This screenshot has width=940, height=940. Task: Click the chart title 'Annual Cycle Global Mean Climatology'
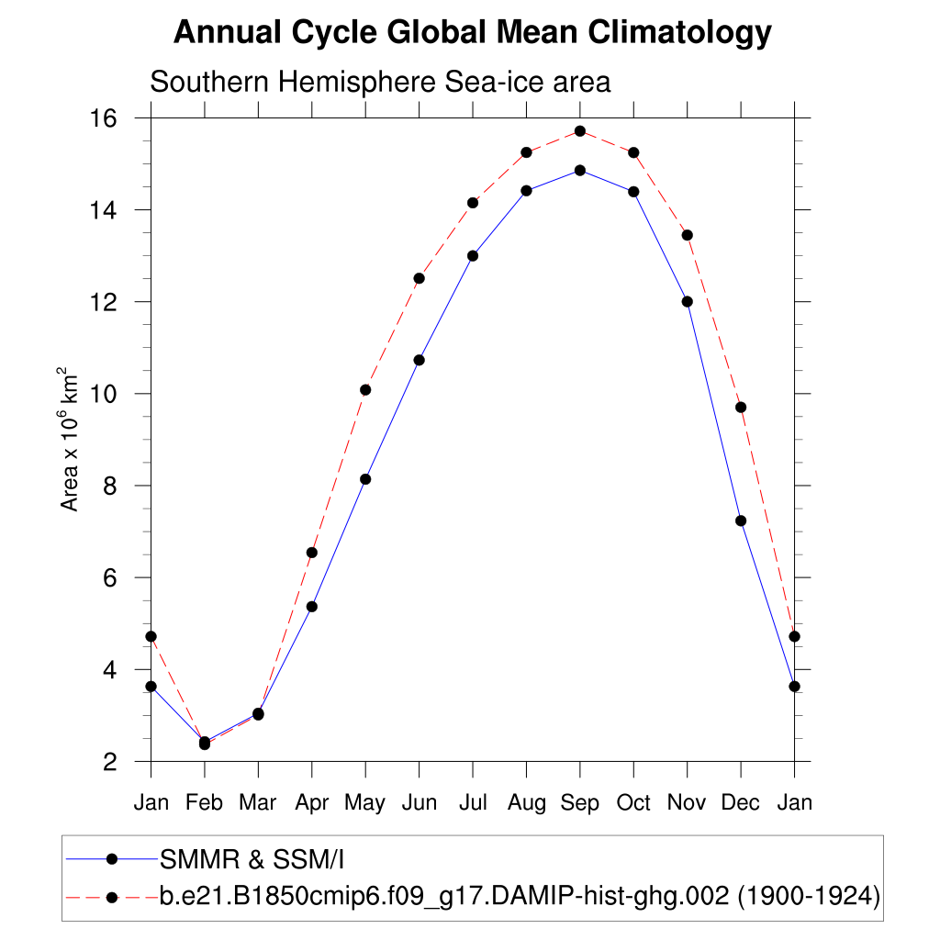(472, 33)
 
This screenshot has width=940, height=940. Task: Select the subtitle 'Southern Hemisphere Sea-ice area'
(380, 82)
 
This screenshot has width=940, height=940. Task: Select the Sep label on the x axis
(580, 803)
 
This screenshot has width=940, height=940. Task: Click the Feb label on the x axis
(204, 803)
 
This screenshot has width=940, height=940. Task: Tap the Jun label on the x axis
(419, 803)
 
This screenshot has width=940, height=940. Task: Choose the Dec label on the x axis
(741, 803)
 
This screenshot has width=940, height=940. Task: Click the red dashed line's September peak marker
(580, 131)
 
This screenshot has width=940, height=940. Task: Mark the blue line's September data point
(580, 170)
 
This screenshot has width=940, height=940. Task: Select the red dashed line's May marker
(365, 390)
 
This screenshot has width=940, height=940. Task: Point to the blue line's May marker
(365, 479)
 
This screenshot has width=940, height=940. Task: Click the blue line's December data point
(741, 520)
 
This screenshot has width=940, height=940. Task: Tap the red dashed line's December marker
(741, 408)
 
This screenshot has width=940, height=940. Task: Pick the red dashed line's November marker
(688, 235)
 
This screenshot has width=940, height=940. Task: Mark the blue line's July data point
(473, 255)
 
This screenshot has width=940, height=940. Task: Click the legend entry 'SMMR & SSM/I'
(252, 860)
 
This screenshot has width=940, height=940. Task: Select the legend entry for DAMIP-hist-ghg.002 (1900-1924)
(520, 896)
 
